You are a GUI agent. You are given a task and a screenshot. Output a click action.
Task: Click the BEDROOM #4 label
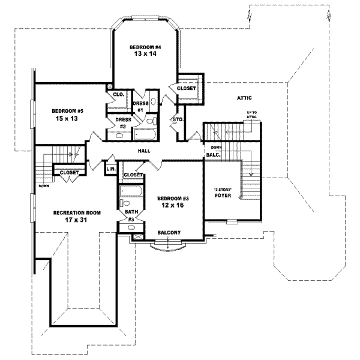pyautogui.click(x=145, y=46)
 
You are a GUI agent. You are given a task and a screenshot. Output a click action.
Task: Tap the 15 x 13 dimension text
pyautogui.click(x=66, y=119)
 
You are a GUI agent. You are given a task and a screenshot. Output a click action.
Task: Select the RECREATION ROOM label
pyautogui.click(x=76, y=213)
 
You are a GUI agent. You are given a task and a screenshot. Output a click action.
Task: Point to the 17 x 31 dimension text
pyautogui.click(x=76, y=220)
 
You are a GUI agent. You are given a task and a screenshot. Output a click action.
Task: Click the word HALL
pyautogui.click(x=144, y=151)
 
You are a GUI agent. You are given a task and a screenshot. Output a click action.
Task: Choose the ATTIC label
pyautogui.click(x=244, y=98)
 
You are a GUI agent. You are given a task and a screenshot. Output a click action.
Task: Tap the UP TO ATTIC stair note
pyautogui.click(x=252, y=115)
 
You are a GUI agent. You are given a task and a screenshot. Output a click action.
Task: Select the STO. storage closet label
pyautogui.click(x=178, y=119)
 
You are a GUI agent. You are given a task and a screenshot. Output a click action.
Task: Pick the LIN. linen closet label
pyautogui.click(x=110, y=170)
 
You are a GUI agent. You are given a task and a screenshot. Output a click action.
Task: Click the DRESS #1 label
pyautogui.click(x=140, y=106)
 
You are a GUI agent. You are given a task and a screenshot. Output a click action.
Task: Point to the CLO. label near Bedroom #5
pyautogui.click(x=118, y=95)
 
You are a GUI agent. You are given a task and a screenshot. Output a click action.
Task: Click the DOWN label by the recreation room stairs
pyautogui.click(x=44, y=186)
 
